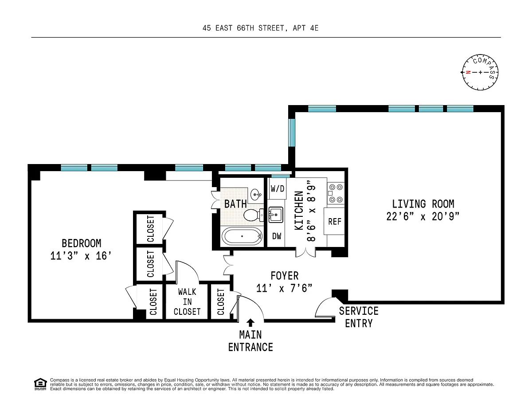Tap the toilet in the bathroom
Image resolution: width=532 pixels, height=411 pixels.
click(x=253, y=215)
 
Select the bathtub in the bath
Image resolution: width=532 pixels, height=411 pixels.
click(x=242, y=236)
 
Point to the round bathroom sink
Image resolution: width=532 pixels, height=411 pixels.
click(x=255, y=194)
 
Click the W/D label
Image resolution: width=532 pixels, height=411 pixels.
click(x=278, y=189)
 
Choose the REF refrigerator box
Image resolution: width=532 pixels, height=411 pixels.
click(x=335, y=221)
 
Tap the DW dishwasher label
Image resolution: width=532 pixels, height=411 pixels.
click(x=277, y=236)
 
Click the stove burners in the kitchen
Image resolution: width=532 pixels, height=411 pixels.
click(x=335, y=193)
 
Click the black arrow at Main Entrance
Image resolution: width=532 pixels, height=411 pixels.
click(x=250, y=322)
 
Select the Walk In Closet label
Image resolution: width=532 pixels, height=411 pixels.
click(x=187, y=301)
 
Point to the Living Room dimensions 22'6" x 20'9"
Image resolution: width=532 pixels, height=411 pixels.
click(x=423, y=216)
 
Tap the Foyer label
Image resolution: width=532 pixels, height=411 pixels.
click(x=284, y=276)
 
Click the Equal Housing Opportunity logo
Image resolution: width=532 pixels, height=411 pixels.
click(x=40, y=384)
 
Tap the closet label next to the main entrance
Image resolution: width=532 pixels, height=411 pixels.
click(x=221, y=302)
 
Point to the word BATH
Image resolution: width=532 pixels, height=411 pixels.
click(x=235, y=204)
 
